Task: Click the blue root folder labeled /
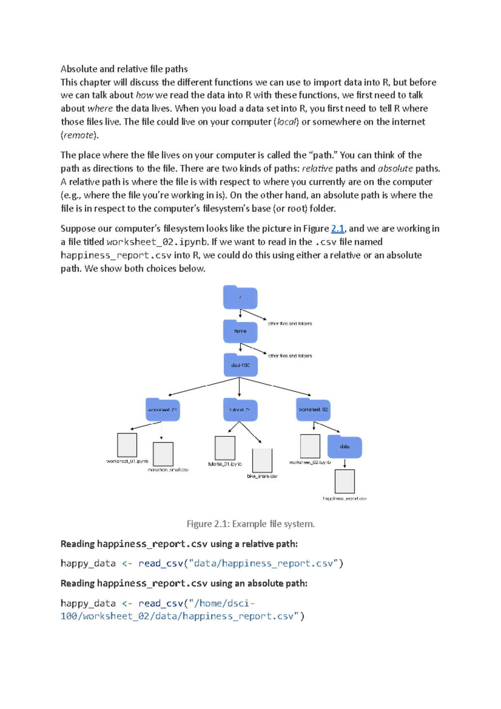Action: pos(240,298)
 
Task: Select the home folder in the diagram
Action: pos(240,332)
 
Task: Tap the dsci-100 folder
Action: pos(240,365)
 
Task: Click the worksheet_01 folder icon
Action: pos(162,410)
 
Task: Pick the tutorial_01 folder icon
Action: pos(240,410)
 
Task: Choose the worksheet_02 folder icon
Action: pos(313,410)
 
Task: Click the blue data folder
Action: pos(344,447)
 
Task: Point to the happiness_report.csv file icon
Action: pos(344,481)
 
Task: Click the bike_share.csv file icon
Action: pos(262,461)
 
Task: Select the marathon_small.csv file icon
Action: pos(163,454)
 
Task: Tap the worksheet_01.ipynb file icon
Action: pos(127,445)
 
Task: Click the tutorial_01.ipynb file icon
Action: pos(225,448)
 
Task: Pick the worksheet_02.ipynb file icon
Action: pos(310,446)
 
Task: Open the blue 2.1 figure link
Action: pos(337,229)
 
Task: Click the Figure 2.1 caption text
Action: pos(250,524)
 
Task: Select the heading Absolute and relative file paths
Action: pos(124,69)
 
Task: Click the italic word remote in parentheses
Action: pos(78,135)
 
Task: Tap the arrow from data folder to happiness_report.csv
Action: pos(344,463)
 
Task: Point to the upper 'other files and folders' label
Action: pos(290,324)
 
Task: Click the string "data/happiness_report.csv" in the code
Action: pos(263,564)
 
